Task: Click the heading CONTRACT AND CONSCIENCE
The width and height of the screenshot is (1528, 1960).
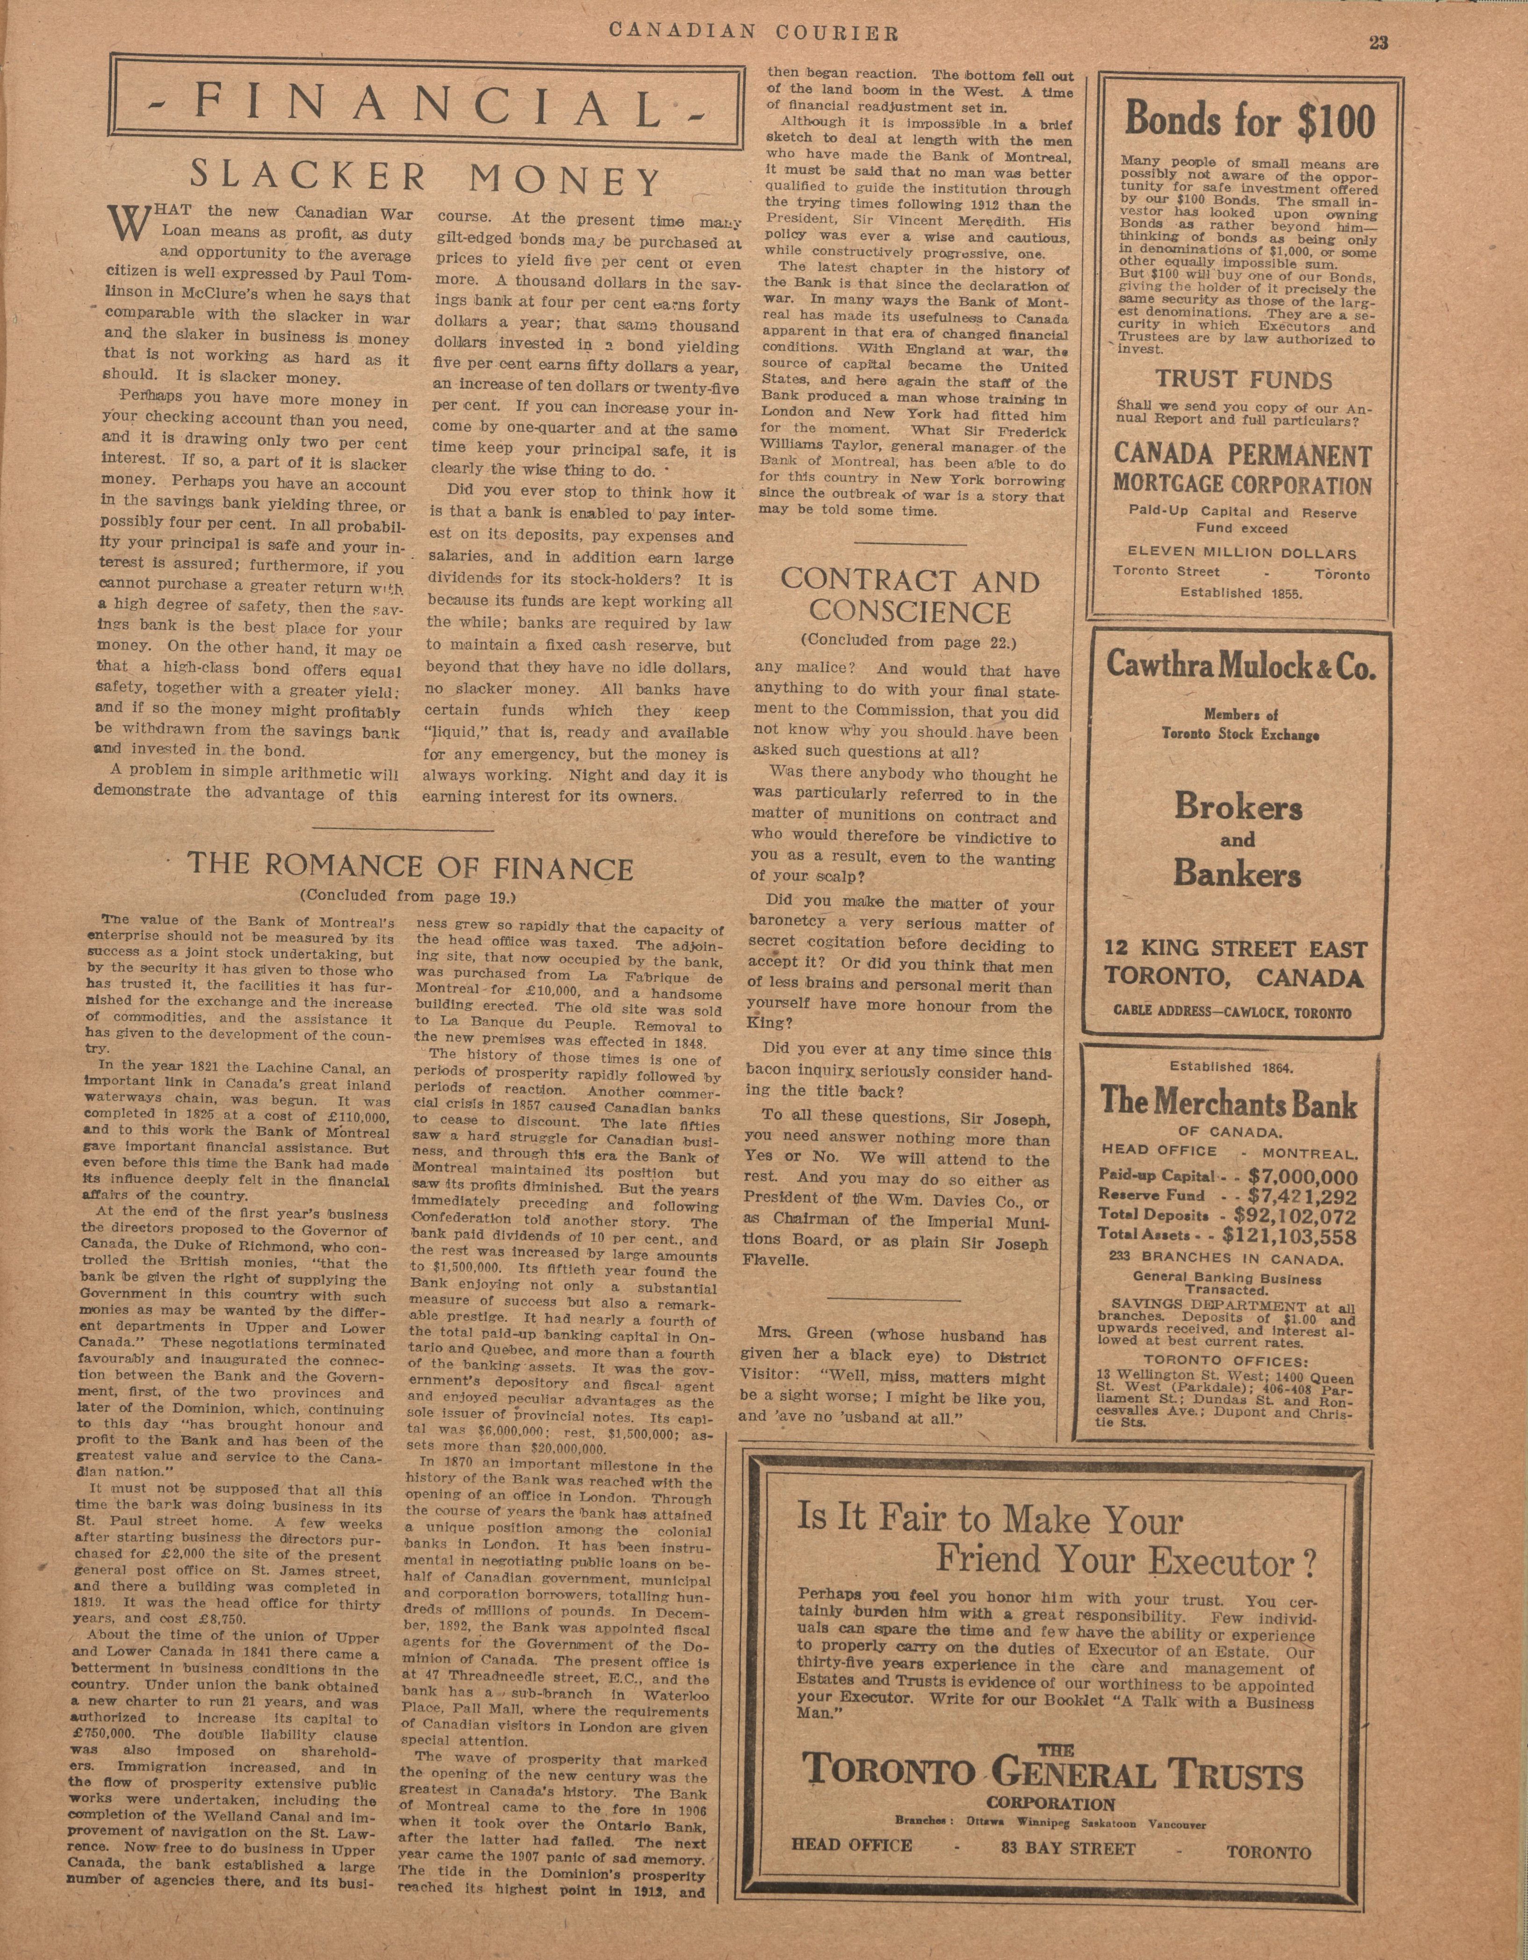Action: point(909,597)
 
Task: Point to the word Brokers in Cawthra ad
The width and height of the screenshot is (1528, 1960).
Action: point(1238,808)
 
